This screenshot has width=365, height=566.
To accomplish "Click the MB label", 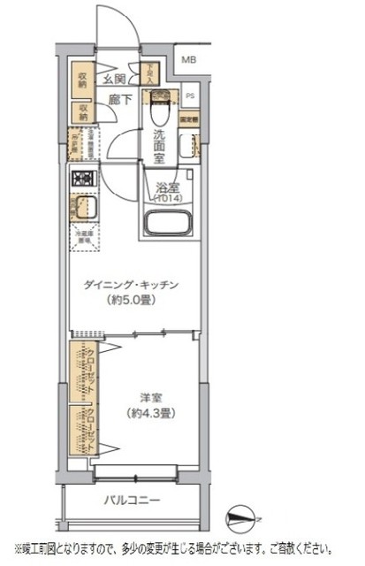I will coord(190,60).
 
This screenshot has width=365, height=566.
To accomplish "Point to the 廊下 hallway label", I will coord(121,100).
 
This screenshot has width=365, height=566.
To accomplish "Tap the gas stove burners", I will coord(83,179).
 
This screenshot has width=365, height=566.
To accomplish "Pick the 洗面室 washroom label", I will coord(158,143).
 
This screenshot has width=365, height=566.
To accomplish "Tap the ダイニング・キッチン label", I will coord(132,285).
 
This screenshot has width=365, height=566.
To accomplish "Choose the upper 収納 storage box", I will coord(81,80).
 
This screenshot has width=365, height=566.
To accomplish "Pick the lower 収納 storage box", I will coord(81,111).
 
